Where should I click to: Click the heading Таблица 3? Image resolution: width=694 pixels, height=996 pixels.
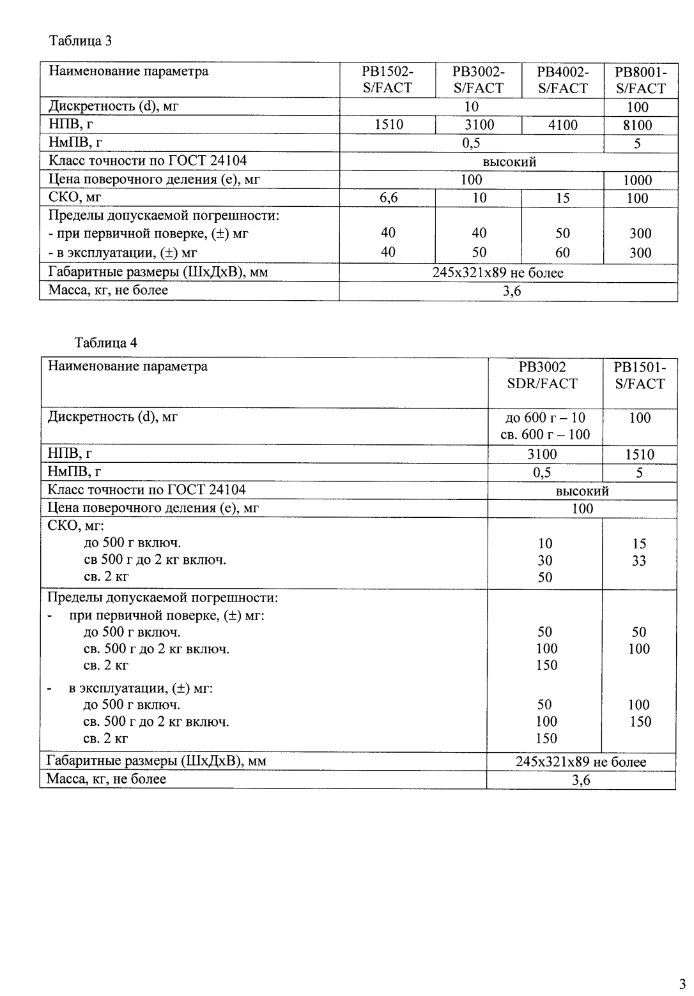click(x=81, y=41)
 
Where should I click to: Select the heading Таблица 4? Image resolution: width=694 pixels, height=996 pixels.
click(x=105, y=342)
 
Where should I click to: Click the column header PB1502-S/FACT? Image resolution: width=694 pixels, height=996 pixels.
click(x=387, y=80)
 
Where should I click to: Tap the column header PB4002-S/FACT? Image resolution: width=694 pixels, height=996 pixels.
click(x=562, y=80)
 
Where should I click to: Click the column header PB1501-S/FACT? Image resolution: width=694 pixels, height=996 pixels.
click(x=639, y=375)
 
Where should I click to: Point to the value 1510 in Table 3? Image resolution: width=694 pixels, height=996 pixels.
click(x=388, y=125)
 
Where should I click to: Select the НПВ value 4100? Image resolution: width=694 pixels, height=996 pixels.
click(x=562, y=125)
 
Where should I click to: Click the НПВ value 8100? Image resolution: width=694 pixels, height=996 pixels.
click(x=638, y=125)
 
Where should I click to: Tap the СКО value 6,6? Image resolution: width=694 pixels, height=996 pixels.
click(x=388, y=198)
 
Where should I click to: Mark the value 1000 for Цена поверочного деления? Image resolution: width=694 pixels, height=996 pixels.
click(x=638, y=180)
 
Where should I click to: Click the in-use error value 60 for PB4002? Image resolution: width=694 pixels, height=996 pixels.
click(x=562, y=253)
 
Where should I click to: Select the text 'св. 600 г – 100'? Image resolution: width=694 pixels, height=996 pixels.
click(x=544, y=435)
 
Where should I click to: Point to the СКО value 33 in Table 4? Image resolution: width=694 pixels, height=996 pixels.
click(x=639, y=561)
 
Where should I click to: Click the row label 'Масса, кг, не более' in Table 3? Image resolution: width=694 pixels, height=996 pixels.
click(x=109, y=290)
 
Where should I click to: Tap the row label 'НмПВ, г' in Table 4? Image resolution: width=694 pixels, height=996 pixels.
click(x=75, y=472)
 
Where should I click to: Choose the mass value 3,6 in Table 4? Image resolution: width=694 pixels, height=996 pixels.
click(x=581, y=780)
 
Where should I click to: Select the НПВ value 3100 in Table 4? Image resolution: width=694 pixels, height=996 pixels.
click(x=542, y=454)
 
